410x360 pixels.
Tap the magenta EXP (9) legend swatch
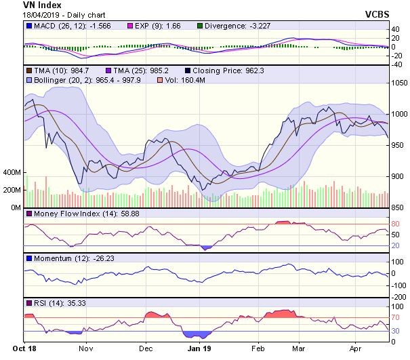(x=132, y=26)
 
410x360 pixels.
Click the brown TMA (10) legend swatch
(x=28, y=71)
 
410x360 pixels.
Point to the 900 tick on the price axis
(x=398, y=177)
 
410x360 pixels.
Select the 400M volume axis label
(x=13, y=173)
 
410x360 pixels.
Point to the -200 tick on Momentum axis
(x=399, y=297)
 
